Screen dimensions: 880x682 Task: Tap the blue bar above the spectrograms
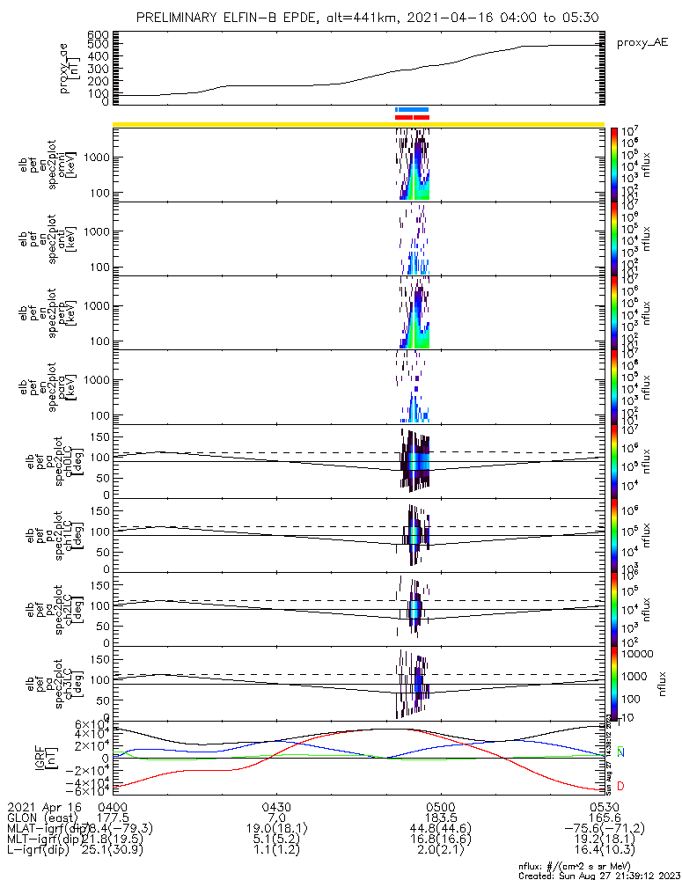tap(412, 109)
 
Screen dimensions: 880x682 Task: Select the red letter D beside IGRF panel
tap(621, 785)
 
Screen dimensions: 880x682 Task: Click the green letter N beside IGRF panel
tap(621, 752)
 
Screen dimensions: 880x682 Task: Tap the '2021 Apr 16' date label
tap(44, 806)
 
